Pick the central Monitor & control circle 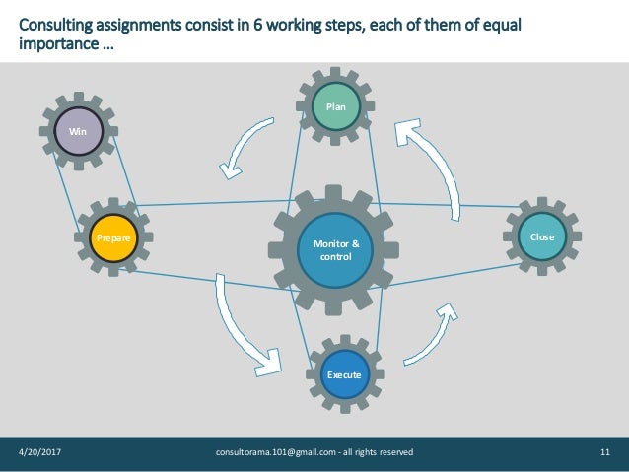coord(336,250)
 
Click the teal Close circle coord(542,237)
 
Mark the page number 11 coord(604,452)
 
